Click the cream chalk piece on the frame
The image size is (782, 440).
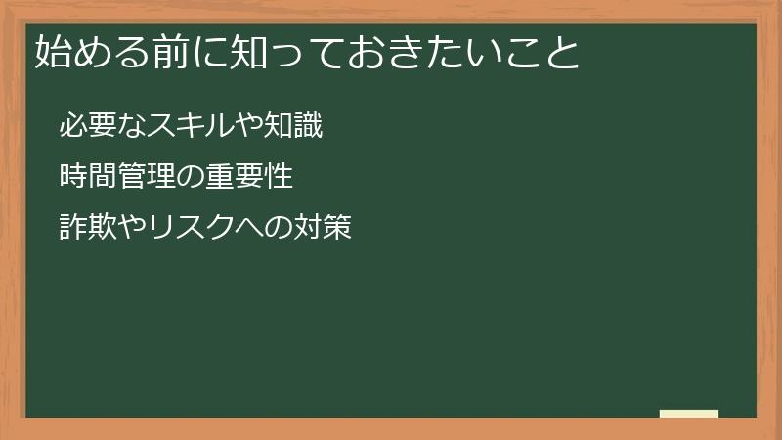click(689, 415)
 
